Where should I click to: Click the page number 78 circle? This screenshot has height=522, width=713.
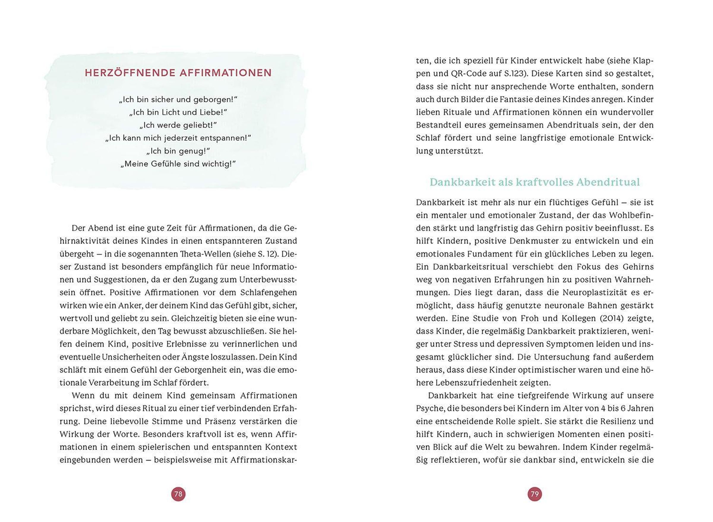(x=178, y=494)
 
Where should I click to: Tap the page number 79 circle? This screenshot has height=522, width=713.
(x=535, y=494)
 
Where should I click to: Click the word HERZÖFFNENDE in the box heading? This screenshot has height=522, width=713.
(x=130, y=73)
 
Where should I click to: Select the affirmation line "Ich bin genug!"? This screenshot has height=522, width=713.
(x=178, y=151)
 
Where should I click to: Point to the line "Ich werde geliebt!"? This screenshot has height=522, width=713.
(x=178, y=125)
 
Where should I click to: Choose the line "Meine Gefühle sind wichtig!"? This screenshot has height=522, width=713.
(x=178, y=164)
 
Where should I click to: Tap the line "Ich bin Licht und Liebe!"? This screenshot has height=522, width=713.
(x=178, y=112)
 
